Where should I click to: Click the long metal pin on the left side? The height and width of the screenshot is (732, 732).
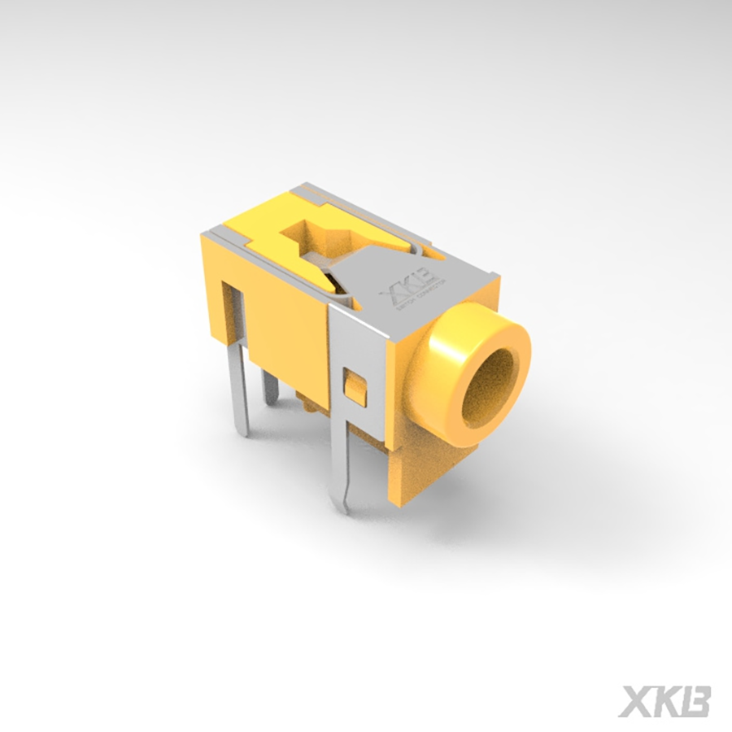click(x=238, y=382)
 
